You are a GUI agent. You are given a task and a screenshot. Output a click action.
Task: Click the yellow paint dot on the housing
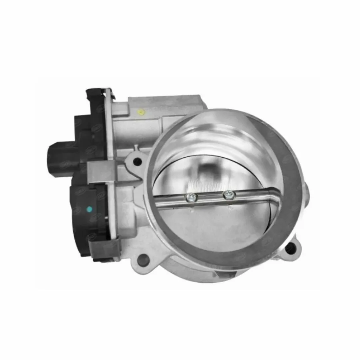140,112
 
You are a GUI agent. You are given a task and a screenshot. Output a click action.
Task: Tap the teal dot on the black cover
89,209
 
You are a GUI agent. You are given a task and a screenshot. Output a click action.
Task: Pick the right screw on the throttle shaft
229,195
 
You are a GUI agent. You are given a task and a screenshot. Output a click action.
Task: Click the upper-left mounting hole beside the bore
138,162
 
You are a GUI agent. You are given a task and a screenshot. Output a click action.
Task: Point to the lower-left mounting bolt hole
144,260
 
